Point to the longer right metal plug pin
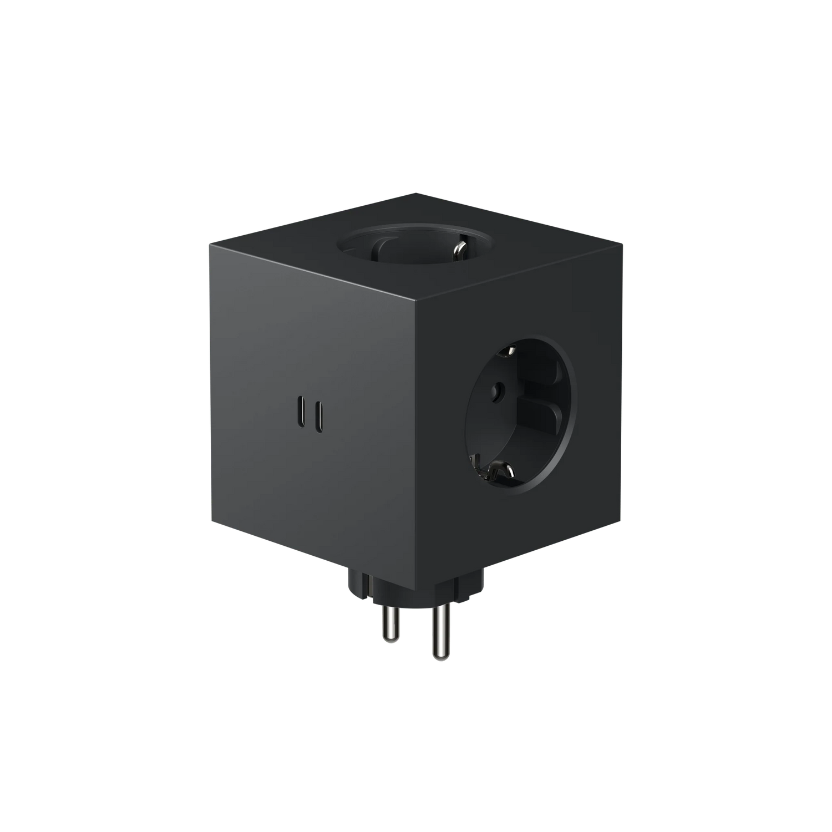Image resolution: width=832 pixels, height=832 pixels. (x=441, y=632)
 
